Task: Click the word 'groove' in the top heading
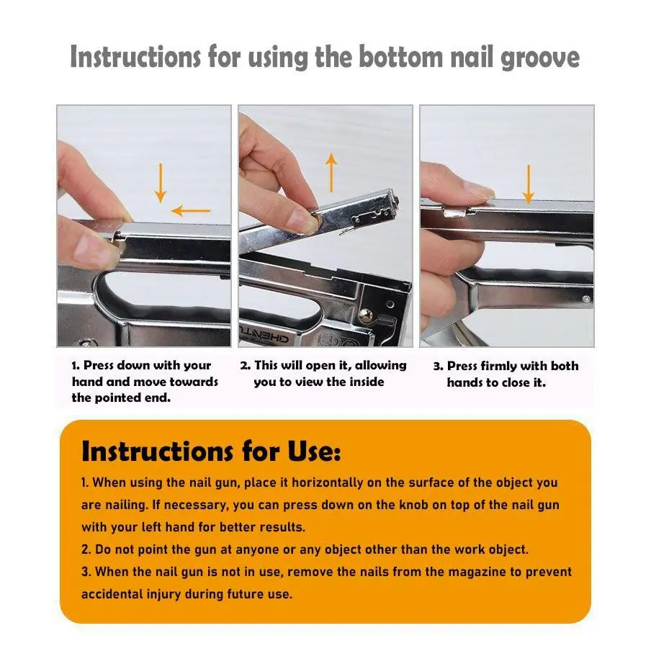point(540,58)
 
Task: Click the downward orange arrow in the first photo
point(161,183)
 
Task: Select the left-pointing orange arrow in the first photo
point(191,211)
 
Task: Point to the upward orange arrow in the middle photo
point(331,172)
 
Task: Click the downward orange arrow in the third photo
point(528,184)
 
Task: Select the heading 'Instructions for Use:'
point(211,452)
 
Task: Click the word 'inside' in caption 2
point(365,382)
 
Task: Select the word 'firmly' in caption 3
point(498,366)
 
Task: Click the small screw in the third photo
point(585,299)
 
